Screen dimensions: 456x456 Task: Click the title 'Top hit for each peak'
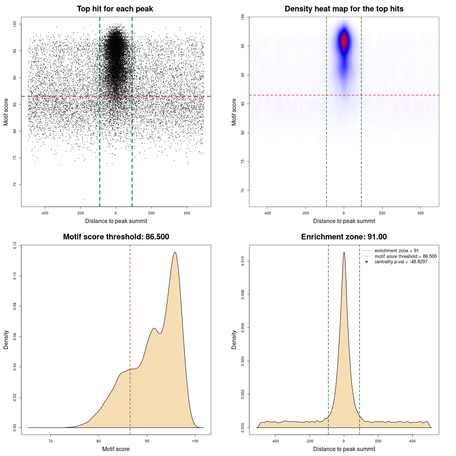(115, 9)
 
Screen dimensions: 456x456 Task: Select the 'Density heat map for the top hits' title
(344, 9)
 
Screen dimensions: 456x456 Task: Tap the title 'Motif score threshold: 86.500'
(116, 237)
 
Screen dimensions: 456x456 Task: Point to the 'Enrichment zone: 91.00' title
(344, 237)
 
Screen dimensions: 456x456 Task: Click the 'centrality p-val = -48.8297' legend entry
(401, 262)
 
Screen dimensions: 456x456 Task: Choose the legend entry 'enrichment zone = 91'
(397, 251)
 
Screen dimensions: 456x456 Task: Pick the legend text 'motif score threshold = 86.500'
(405, 256)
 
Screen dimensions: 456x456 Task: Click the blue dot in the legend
(367, 262)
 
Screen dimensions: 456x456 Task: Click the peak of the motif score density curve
(175, 252)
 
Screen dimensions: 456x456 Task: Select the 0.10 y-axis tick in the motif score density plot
(15, 276)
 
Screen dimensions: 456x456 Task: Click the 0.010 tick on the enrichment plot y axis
(243, 261)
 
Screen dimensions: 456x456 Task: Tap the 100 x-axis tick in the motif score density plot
(195, 441)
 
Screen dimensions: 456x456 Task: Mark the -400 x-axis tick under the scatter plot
(45, 213)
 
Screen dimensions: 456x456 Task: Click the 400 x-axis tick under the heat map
(420, 213)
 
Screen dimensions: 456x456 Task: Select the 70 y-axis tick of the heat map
(243, 191)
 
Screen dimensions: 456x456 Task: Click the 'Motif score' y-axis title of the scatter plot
(6, 112)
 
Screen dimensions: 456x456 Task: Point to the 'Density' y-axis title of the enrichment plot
(234, 340)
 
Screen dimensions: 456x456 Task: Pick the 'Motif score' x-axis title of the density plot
(116, 449)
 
